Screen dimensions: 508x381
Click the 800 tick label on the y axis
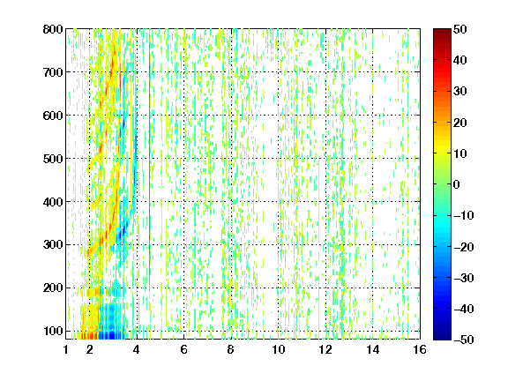point(53,29)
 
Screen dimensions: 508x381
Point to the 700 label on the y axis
point(53,72)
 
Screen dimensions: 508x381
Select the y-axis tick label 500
point(53,159)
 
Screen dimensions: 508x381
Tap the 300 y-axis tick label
point(53,245)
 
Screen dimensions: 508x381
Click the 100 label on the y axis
point(53,331)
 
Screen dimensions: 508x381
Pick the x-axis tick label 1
point(66,349)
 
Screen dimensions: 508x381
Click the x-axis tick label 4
point(137,349)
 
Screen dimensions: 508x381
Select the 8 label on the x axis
point(231,349)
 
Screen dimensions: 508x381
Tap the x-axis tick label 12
point(325,349)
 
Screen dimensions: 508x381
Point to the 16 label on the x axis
point(420,349)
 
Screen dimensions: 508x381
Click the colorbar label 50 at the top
point(459,29)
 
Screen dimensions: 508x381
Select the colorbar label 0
point(457,184)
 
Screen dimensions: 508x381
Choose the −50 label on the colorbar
point(464,340)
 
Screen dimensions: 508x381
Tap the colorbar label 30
point(459,92)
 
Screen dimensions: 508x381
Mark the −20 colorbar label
point(464,247)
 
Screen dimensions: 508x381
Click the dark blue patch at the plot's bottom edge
point(111,335)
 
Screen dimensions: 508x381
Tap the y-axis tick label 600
point(53,116)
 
